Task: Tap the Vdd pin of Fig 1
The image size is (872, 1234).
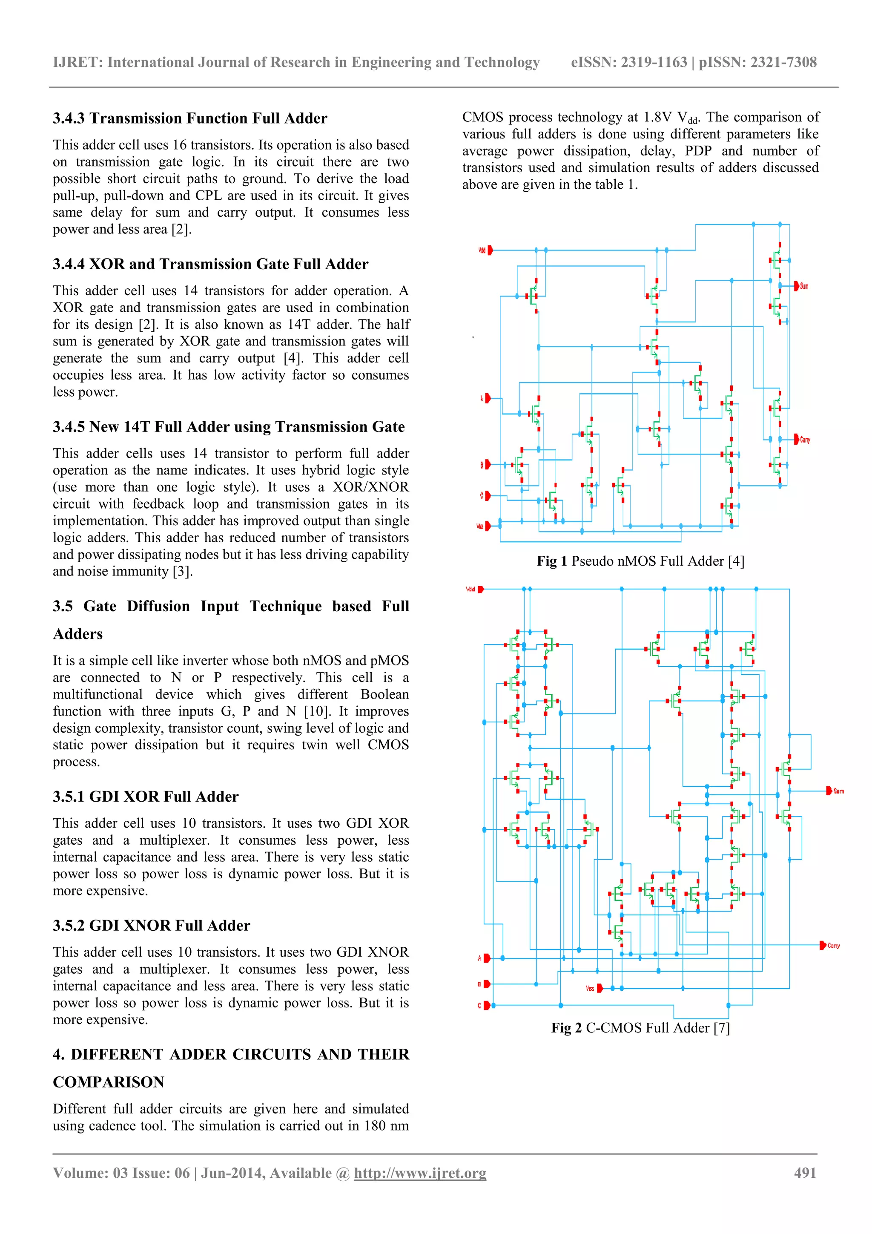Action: (490, 250)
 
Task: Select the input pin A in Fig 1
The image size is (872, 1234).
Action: (488, 398)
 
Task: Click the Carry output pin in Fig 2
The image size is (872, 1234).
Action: (823, 945)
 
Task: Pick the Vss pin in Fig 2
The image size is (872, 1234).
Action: (599, 988)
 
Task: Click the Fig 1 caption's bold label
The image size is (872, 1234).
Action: (552, 561)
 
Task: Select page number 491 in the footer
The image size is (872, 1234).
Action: (805, 1173)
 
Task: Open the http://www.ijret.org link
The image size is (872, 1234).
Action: (420, 1173)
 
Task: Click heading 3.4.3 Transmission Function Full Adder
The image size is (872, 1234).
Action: (189, 118)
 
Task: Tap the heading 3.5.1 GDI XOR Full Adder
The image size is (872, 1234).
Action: (145, 797)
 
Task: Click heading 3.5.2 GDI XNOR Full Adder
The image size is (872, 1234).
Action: (151, 926)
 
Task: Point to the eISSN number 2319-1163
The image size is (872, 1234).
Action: (654, 62)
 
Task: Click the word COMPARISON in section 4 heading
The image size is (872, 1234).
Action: (109, 1082)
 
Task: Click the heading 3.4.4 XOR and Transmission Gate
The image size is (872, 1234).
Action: (210, 264)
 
